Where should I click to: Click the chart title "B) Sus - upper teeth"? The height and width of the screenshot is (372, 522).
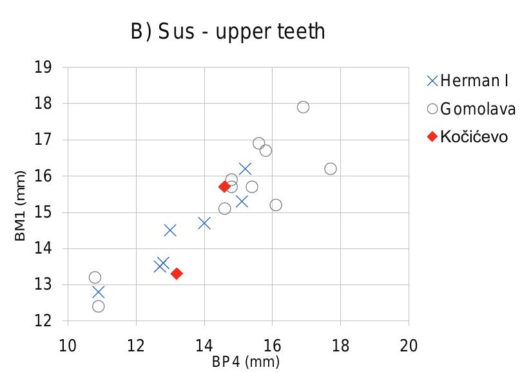coord(228,32)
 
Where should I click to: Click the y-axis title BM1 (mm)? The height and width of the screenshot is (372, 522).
coord(21,206)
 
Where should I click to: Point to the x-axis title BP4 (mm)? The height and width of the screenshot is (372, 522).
coord(246,362)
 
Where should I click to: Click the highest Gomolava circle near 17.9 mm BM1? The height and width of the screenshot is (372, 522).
coord(303,107)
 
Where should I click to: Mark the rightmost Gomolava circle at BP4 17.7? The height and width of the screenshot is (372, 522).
coord(330,169)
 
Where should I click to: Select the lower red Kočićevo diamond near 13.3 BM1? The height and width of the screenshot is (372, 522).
coord(177,274)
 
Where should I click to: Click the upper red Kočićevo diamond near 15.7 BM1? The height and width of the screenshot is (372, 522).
coord(224,187)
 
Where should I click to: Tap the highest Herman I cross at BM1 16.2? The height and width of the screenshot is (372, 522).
coord(245,169)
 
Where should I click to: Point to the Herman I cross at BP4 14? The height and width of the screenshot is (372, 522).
coord(204,223)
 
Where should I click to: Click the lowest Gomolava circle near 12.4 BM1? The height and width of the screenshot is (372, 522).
coord(99,306)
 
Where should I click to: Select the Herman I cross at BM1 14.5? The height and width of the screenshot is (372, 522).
coord(170,230)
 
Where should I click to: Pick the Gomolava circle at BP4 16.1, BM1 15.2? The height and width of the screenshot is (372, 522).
coord(276,205)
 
